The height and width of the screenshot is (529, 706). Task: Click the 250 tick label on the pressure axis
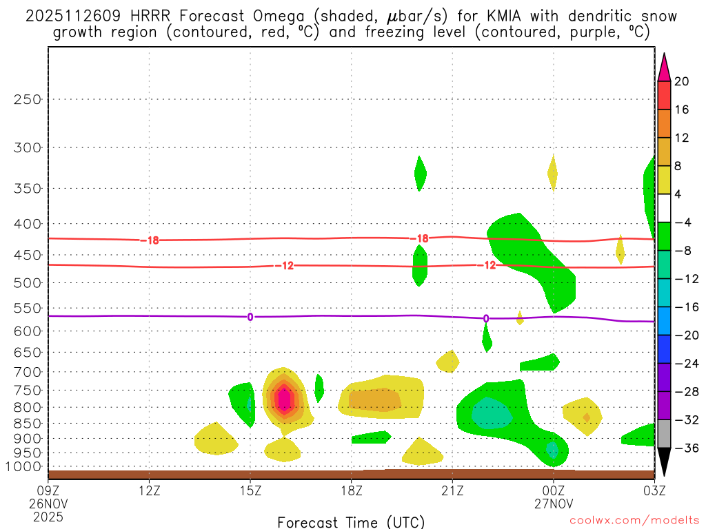tap(28, 99)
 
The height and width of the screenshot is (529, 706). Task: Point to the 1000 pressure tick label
tap(26, 466)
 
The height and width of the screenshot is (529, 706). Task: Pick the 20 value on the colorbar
tap(682, 81)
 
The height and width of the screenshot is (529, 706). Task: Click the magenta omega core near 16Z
tap(283, 398)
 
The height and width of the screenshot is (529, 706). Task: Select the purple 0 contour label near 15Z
tap(250, 317)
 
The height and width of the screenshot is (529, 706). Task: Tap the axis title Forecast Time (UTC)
tap(351, 521)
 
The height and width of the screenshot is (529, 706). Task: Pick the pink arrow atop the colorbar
tap(664, 67)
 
